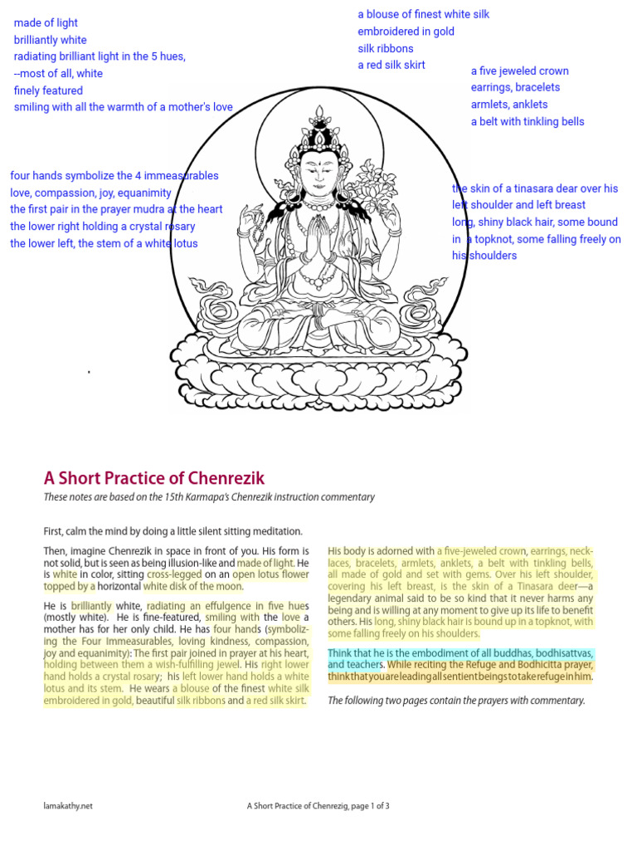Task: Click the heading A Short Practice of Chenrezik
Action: pos(154,477)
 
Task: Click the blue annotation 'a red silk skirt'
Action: pos(391,66)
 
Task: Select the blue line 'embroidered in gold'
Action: pos(406,32)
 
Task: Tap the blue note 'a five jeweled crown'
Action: pos(519,71)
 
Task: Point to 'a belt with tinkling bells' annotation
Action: pos(527,121)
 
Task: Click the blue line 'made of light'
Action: pos(46,23)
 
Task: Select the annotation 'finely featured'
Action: pos(48,90)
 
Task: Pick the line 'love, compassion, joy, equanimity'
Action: pos(90,193)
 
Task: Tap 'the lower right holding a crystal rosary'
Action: pos(103,227)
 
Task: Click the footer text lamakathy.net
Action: pos(68,805)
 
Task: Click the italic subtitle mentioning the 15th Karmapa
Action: pos(209,497)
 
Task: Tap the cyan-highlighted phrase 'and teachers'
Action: pos(355,665)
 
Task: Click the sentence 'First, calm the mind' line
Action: pos(173,531)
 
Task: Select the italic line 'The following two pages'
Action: pos(456,701)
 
